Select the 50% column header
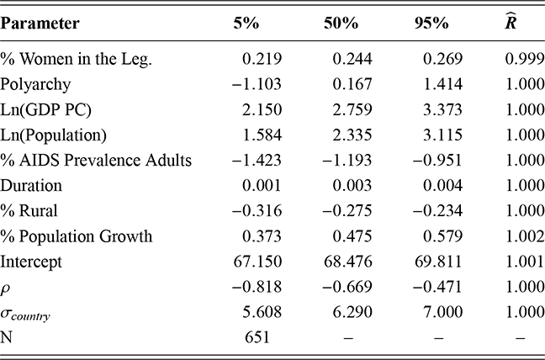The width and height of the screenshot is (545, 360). pyautogui.click(x=339, y=24)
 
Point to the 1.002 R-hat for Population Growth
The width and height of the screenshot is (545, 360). pyautogui.click(x=514, y=237)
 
